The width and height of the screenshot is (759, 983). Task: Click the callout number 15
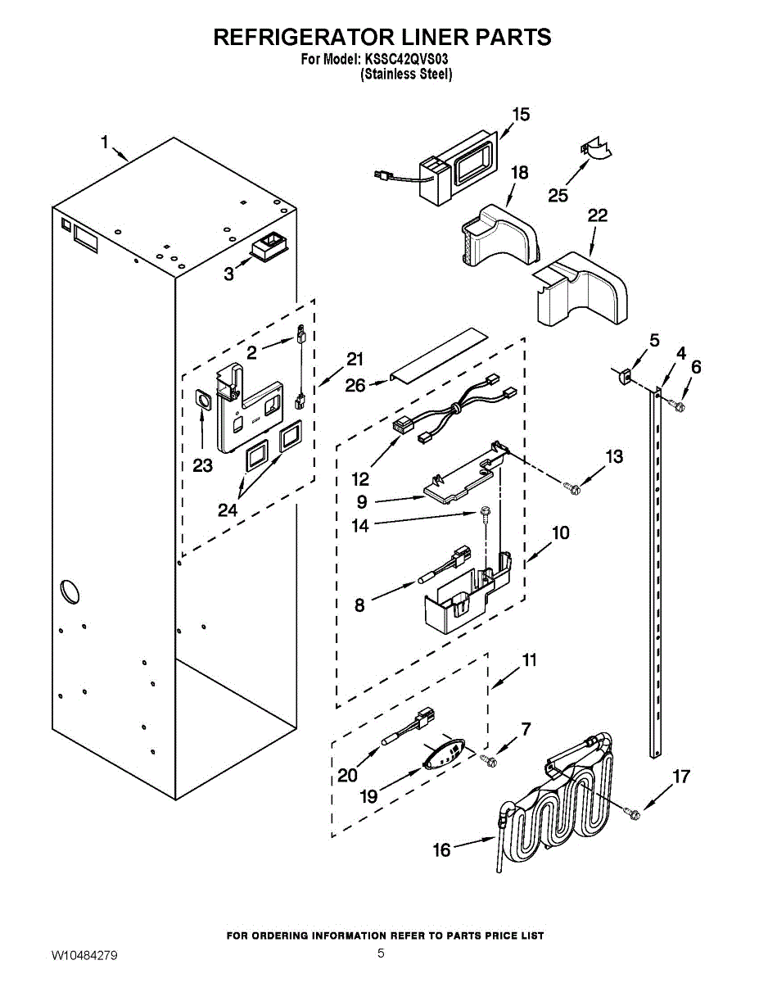pyautogui.click(x=521, y=115)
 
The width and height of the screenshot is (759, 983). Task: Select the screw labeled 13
pyautogui.click(x=572, y=487)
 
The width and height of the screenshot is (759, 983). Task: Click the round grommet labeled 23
pyautogui.click(x=202, y=400)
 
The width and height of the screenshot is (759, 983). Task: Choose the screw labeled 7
pyautogui.click(x=488, y=761)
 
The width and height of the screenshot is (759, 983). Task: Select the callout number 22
pyautogui.click(x=597, y=215)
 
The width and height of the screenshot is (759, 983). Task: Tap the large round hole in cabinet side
pyautogui.click(x=70, y=590)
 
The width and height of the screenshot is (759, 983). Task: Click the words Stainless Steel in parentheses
pyautogui.click(x=406, y=75)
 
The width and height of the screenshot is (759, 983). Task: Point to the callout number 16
pyautogui.click(x=442, y=850)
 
